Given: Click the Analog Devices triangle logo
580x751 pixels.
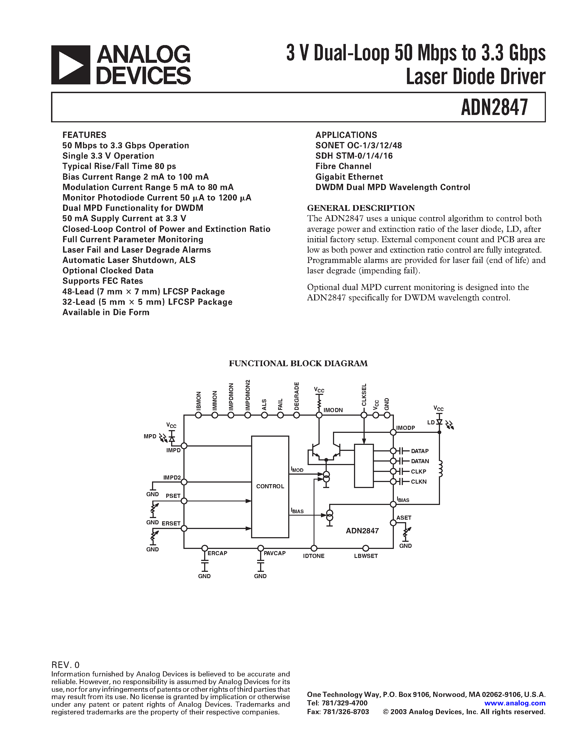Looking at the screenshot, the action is point(71,65).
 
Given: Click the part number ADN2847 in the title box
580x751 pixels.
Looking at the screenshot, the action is point(494,107).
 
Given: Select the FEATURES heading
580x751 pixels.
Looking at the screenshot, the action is point(84,135).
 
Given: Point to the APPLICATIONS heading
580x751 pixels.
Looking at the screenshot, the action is point(346,135).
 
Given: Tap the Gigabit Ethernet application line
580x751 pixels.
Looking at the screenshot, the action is point(349,177).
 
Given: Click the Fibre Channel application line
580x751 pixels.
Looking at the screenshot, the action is point(343,166).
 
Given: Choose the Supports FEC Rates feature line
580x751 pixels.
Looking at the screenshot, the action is point(102,281).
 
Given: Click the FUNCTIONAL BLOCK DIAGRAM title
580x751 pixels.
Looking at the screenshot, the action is point(298,363).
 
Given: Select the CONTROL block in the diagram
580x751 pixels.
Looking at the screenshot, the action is point(270,486).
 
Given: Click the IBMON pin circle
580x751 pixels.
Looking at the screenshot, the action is point(198,415).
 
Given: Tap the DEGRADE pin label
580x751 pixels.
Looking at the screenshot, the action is point(296,396).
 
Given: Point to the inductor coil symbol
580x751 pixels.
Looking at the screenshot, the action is point(441,469).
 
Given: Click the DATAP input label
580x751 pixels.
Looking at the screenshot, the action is point(420,451).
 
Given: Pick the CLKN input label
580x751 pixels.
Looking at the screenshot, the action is point(418,482).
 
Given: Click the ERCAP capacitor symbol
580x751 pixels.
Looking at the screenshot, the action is point(204,565).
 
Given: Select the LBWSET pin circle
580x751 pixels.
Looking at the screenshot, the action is point(365,548).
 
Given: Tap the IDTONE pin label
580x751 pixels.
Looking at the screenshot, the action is point(313,556).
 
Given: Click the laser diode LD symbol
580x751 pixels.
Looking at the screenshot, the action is point(439,422).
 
